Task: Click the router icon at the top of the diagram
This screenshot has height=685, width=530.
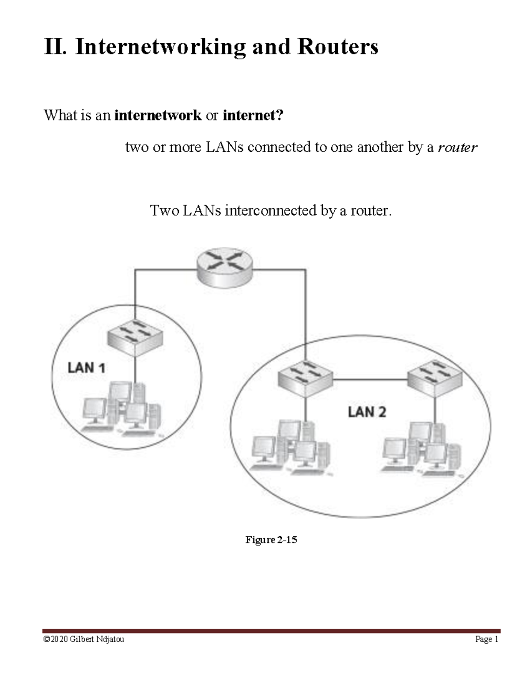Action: point(225,267)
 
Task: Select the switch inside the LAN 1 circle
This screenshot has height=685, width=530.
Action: point(135,337)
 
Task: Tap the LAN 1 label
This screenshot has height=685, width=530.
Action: point(86,367)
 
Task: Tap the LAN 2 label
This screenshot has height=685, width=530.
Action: point(367,412)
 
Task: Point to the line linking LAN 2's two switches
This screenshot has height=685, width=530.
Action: point(370,379)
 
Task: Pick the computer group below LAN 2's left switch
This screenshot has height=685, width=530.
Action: point(291,448)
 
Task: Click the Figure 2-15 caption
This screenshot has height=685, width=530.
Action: point(271,539)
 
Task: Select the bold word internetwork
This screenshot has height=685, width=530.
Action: point(158,116)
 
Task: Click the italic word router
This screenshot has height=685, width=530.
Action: point(457,147)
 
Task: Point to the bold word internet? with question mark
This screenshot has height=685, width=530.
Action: point(253,116)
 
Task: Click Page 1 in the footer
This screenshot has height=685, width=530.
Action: point(486,639)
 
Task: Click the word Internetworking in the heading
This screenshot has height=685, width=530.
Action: point(160,47)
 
